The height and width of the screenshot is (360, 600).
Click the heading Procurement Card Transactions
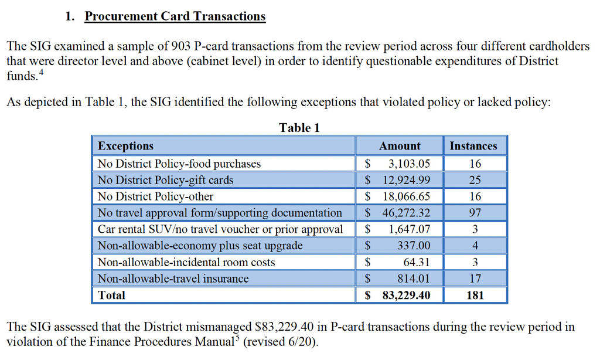(x=175, y=16)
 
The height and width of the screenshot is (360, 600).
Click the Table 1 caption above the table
(x=299, y=128)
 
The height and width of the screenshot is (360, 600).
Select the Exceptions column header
(x=125, y=146)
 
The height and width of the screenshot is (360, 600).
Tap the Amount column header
(x=400, y=146)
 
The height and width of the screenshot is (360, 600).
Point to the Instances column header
(x=473, y=146)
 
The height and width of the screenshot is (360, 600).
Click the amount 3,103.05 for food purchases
(x=409, y=164)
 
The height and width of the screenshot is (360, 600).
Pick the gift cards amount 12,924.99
(x=406, y=180)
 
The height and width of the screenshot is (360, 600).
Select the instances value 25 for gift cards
(x=475, y=180)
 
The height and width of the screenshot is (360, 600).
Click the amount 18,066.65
(x=406, y=196)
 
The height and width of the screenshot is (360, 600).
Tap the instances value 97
(x=475, y=213)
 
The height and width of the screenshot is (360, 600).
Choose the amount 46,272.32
(x=406, y=213)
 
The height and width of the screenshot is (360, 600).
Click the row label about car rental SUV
(x=220, y=229)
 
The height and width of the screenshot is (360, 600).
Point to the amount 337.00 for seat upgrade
(x=414, y=246)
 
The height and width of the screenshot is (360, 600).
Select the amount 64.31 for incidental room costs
(x=417, y=262)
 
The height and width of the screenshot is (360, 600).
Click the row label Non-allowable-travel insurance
(x=173, y=279)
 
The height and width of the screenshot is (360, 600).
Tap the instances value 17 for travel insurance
(x=475, y=279)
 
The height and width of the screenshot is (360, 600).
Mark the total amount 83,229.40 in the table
(x=406, y=295)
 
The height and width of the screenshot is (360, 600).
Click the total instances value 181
(x=475, y=295)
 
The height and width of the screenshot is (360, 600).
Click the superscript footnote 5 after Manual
(x=237, y=338)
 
